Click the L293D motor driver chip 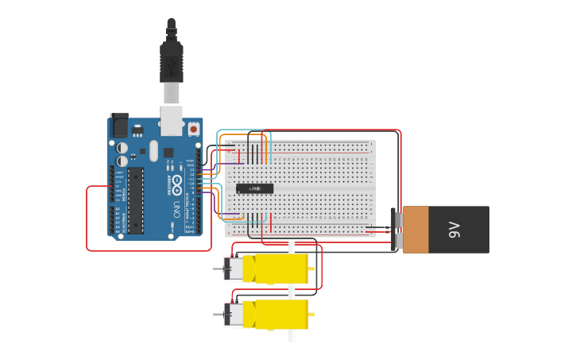pyautogui.click(x=255, y=188)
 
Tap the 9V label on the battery pyautogui.click(x=454, y=230)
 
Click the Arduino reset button pyautogui.click(x=194, y=128)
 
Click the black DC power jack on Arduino pyautogui.click(x=119, y=125)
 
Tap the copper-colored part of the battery pyautogui.click(x=416, y=230)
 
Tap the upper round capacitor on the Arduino pyautogui.click(x=122, y=147)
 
